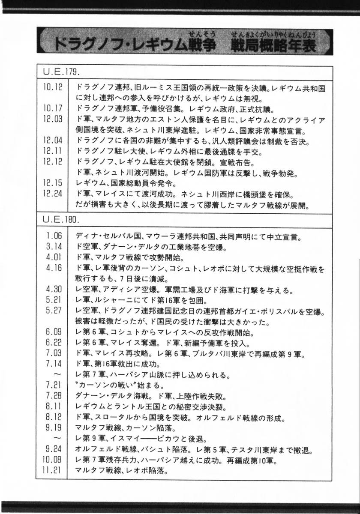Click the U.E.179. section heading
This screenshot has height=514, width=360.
[x=63, y=71]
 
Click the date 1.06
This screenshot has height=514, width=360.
[x=54, y=236]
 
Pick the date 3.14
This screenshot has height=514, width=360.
[x=54, y=247]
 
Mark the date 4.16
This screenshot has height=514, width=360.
[x=54, y=268]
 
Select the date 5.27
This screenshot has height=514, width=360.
[x=54, y=311]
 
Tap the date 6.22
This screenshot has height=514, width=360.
[x=54, y=343]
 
